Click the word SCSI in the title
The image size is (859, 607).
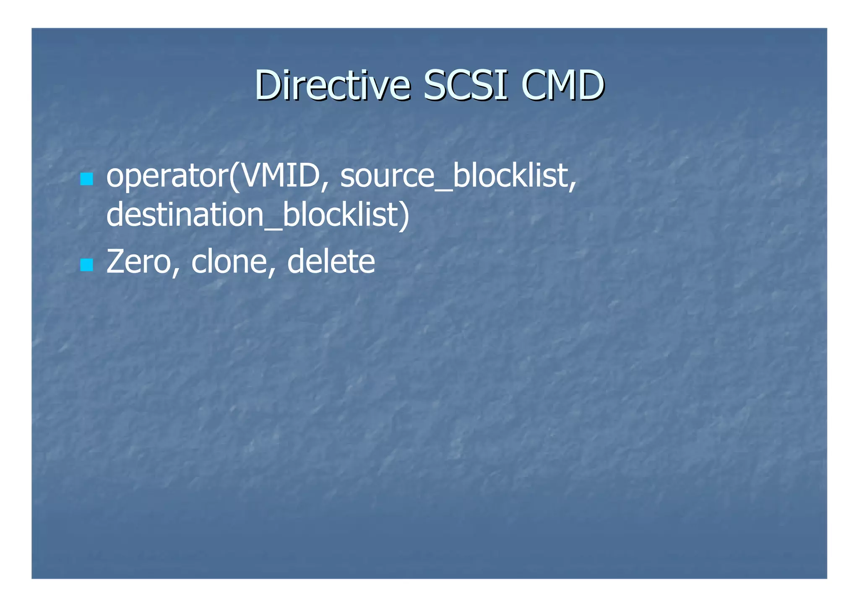[x=466, y=86]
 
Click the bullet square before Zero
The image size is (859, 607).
[x=86, y=265]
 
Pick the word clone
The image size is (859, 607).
[x=229, y=262]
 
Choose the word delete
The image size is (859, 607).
[x=331, y=262]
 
